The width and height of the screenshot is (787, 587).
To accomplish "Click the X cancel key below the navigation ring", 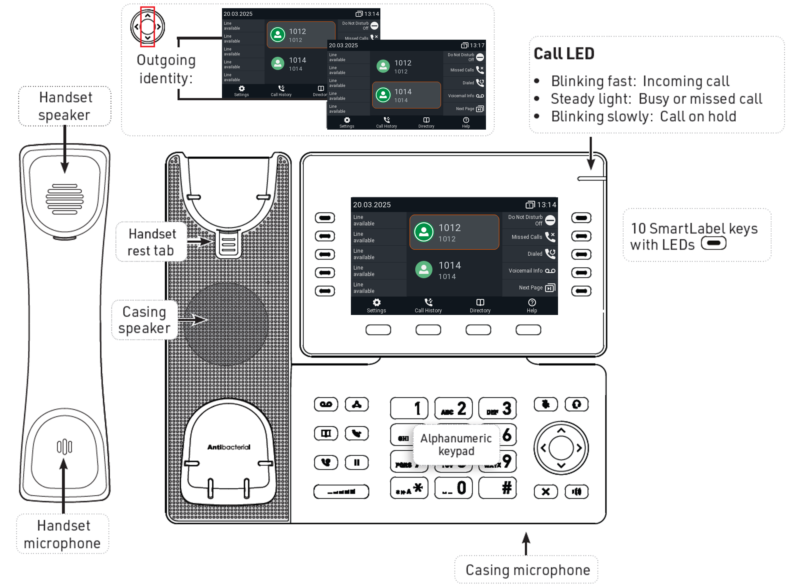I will tap(545, 492).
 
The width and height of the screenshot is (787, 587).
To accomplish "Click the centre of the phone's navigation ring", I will tap(561, 448).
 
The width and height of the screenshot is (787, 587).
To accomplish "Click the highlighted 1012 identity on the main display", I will tap(454, 232).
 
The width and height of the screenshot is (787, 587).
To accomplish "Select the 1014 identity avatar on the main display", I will tap(424, 270).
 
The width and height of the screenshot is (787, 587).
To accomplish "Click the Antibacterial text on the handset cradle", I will tap(229, 447).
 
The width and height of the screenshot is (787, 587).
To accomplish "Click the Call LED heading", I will tap(564, 54).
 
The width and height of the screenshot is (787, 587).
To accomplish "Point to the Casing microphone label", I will tap(527, 570).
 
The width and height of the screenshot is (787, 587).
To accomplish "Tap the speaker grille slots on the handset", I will tap(64, 199).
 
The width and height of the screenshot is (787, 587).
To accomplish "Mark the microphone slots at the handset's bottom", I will tap(64, 447).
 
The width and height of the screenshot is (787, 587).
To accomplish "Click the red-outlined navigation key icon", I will tap(147, 27).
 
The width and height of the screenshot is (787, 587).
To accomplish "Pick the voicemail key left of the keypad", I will tap(326, 404).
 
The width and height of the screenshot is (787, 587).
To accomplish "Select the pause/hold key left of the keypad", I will tap(356, 463).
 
